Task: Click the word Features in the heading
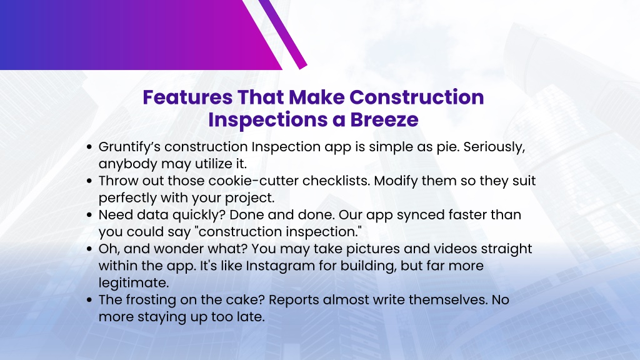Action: click(x=187, y=97)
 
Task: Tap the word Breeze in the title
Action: click(x=384, y=119)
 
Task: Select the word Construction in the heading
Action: click(x=417, y=97)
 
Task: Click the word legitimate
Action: click(x=134, y=283)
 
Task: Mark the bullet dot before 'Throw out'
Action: click(x=90, y=181)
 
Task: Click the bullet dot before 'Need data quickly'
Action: click(x=90, y=215)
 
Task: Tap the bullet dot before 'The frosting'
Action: click(x=90, y=300)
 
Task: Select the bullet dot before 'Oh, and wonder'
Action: click(x=90, y=249)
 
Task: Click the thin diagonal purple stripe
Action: click(x=282, y=34)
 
